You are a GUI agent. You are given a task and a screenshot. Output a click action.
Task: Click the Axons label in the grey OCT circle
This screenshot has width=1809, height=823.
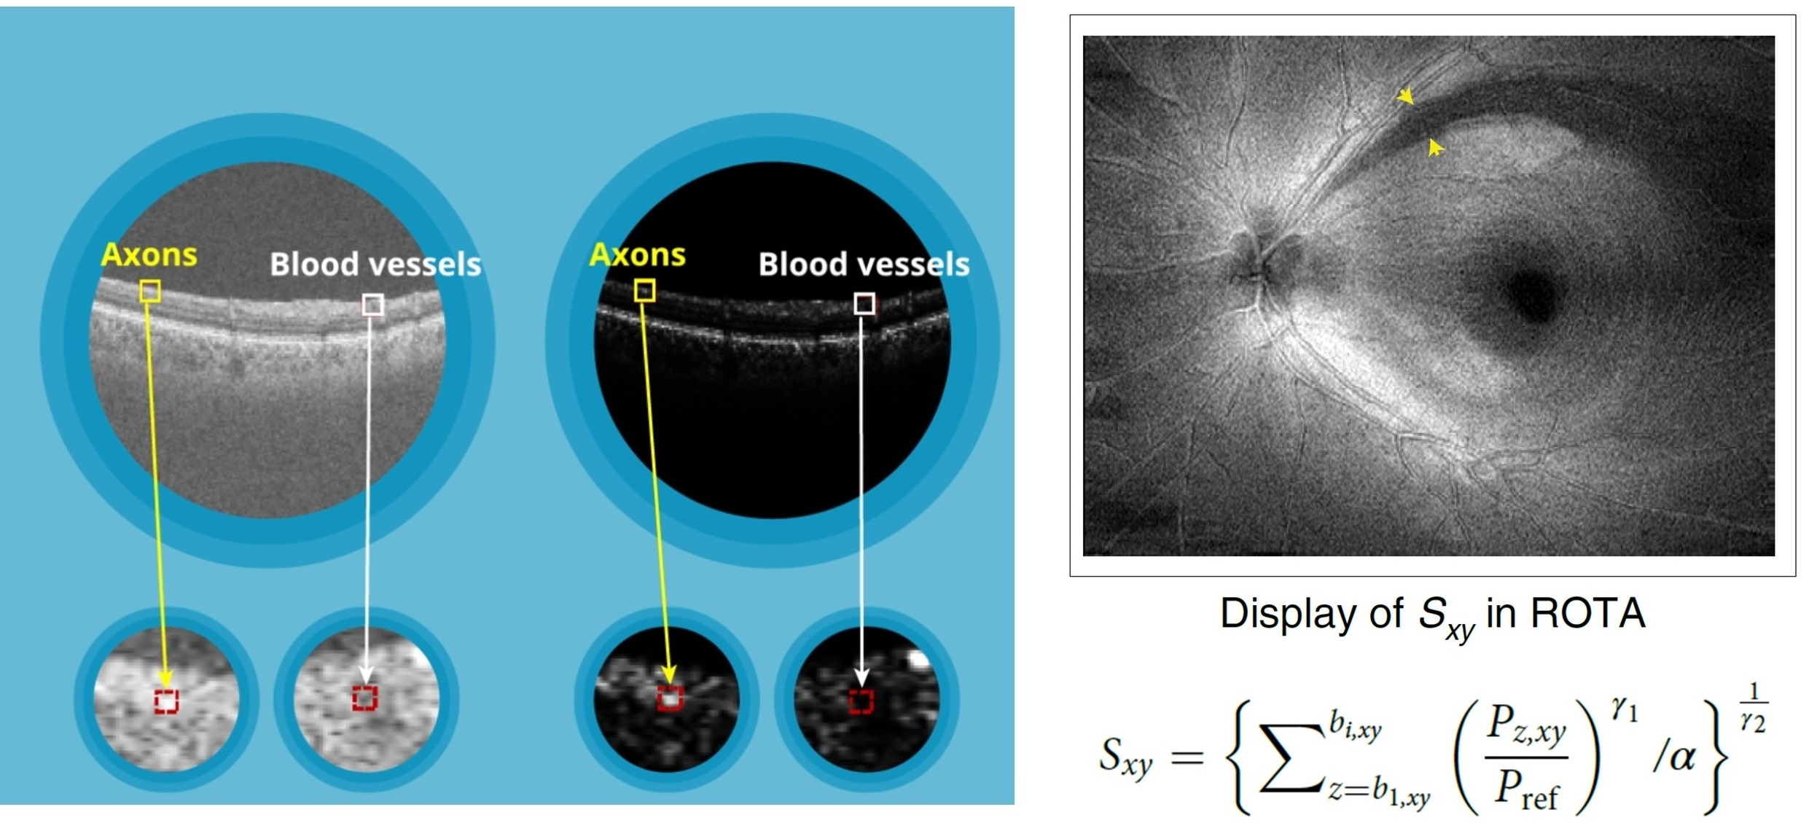click(149, 254)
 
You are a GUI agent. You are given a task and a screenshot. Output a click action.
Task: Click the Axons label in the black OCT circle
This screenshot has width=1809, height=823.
click(637, 254)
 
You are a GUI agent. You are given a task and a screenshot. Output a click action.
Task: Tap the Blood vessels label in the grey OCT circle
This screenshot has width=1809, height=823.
click(375, 264)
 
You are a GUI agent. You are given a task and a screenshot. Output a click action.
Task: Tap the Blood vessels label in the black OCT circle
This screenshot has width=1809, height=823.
click(863, 264)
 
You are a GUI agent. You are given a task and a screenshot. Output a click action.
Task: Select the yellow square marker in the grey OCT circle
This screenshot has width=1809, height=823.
click(150, 292)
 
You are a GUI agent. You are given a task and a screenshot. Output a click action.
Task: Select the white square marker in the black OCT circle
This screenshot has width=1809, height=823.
click(864, 303)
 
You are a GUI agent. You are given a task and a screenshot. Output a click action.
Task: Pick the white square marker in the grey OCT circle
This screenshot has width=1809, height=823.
click(372, 304)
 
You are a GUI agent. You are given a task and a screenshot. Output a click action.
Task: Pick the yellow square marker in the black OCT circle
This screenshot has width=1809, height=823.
click(644, 292)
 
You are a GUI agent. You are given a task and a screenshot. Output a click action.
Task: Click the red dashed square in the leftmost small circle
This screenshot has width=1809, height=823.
click(166, 701)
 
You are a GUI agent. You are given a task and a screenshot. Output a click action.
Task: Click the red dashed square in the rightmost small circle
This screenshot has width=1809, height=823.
click(861, 701)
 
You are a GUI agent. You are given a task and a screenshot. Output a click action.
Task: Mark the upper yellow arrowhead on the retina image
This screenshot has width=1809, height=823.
click(1407, 96)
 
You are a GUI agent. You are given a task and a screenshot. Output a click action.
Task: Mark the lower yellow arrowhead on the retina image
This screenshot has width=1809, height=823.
click(1434, 148)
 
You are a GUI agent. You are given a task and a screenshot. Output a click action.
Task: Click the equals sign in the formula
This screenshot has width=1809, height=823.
click(1187, 757)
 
